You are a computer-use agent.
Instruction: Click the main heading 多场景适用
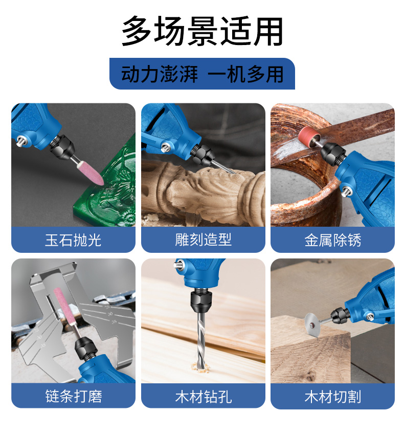pyautogui.click(x=203, y=31)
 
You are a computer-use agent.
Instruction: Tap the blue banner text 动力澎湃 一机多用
pyautogui.click(x=203, y=74)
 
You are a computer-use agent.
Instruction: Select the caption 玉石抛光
pyautogui.click(x=73, y=240)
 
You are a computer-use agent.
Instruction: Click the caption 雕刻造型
pyautogui.click(x=203, y=240)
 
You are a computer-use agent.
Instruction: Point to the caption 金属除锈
pyautogui.click(x=332, y=240)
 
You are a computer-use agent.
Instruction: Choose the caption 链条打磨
pyautogui.click(x=74, y=396)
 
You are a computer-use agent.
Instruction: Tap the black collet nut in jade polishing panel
pyautogui.click(x=62, y=147)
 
